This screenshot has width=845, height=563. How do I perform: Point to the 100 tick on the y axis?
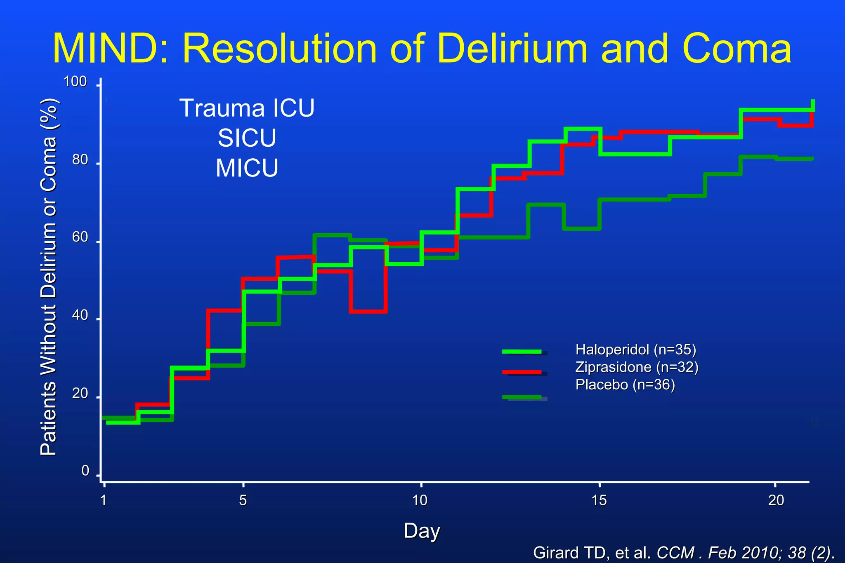[x=75, y=82]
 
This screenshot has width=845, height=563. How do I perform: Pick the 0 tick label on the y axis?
[x=85, y=471]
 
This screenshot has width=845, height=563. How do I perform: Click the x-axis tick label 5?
[x=243, y=500]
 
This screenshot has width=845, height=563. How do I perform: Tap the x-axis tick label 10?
[x=420, y=500]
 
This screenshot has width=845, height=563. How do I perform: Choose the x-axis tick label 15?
[x=599, y=500]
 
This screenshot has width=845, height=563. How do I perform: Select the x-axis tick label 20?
[x=776, y=500]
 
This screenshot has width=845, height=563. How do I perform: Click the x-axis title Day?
[x=422, y=530]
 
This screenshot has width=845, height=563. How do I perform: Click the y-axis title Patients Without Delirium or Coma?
[x=48, y=277]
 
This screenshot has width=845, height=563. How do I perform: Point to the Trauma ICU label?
[x=247, y=108]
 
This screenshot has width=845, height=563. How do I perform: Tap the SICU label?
[x=247, y=138]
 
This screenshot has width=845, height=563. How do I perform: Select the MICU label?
[x=247, y=168]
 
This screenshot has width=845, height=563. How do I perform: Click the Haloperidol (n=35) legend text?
[x=635, y=350]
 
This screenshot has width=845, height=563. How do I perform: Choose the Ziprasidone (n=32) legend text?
[x=637, y=367]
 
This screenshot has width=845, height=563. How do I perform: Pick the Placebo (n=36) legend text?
[x=625, y=385]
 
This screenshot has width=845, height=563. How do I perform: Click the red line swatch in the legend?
[x=522, y=372]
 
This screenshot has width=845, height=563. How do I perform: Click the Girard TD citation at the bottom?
[x=684, y=552]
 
